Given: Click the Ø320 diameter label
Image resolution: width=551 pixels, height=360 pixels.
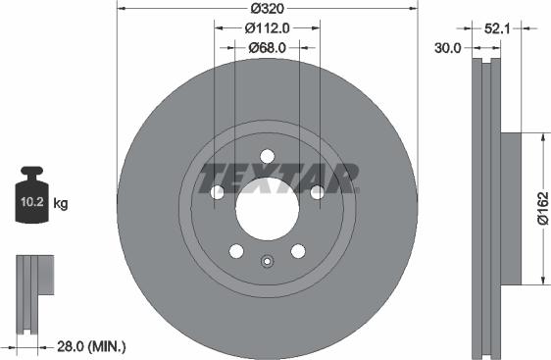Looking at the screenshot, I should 266,8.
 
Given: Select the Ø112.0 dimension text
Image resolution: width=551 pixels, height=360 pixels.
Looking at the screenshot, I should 266,28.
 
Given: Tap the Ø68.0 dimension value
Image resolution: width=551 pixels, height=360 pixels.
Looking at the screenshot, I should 266,47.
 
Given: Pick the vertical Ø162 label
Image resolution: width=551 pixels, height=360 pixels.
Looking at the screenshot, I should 541,208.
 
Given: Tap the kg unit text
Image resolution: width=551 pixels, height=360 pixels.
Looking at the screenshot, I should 60,204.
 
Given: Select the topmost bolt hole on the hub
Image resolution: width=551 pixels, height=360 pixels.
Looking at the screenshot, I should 266,155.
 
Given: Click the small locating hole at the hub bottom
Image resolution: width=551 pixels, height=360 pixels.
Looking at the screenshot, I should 266,261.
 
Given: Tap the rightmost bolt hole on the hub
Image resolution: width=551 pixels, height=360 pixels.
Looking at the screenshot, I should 317,192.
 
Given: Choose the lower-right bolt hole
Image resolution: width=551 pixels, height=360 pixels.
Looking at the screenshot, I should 297,251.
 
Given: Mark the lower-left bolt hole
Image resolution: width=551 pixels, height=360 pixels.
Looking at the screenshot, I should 235,251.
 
